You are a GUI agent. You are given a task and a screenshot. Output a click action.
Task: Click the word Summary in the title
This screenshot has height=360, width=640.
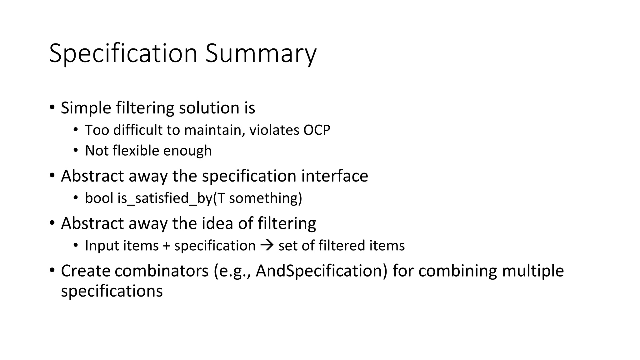[261, 54]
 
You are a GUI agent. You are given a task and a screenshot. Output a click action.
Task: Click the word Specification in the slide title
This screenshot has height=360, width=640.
[123, 54]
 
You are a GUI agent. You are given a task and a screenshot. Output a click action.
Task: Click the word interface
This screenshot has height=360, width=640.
[334, 176]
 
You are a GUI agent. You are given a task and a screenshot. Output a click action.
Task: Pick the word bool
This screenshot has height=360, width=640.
[99, 198]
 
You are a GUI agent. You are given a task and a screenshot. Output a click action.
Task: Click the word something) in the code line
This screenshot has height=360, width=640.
[266, 198]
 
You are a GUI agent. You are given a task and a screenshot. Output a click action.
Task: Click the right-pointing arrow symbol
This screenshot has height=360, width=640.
[267, 245]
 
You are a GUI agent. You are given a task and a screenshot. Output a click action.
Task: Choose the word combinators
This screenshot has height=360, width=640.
[162, 271]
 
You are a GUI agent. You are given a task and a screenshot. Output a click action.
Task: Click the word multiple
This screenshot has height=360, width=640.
[533, 271]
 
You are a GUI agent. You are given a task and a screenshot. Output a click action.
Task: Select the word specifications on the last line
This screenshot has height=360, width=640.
[112, 291]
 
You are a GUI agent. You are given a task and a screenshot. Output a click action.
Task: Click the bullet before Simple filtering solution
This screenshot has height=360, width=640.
[52, 107]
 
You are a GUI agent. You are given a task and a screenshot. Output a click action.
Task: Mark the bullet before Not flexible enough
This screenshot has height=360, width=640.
[76, 151]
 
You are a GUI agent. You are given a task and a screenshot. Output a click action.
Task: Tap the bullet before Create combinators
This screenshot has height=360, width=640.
[52, 270]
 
